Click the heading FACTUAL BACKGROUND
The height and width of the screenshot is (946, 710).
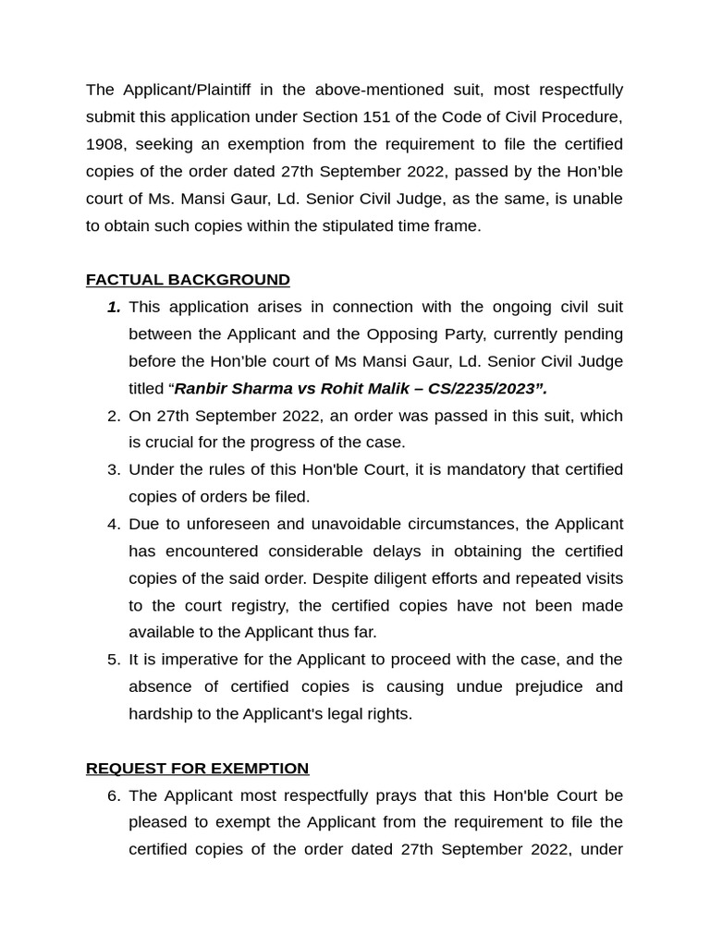coord(188,280)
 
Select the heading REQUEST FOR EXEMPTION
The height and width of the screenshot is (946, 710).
coord(197,769)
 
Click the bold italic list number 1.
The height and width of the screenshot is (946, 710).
coord(114,307)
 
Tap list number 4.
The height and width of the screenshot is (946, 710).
coord(114,524)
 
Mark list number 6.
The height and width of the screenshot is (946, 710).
coord(114,795)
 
